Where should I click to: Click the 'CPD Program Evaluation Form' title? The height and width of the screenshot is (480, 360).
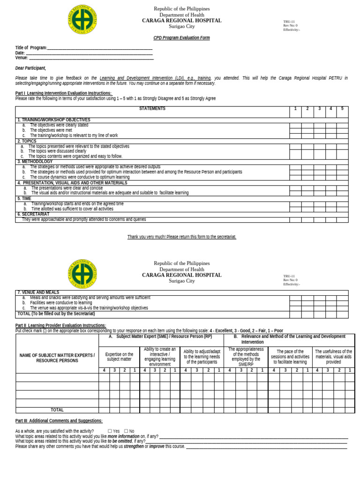point(181,38)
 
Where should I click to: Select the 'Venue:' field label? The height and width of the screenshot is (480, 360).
point(22,58)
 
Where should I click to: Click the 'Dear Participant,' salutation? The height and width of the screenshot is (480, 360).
point(30,68)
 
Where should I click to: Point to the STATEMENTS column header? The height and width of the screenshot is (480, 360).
point(152,109)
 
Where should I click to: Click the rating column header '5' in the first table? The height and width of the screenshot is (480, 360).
point(342,109)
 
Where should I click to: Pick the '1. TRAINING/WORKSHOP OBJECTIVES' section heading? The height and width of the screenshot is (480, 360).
point(54,120)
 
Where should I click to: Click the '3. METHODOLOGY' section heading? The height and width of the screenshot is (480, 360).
point(35,162)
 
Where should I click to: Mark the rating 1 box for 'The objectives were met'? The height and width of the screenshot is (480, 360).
point(295,131)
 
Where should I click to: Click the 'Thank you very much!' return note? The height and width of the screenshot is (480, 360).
point(181,237)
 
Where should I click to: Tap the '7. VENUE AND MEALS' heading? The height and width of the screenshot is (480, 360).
point(38,292)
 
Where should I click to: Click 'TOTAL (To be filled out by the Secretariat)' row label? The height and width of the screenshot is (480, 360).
point(56,314)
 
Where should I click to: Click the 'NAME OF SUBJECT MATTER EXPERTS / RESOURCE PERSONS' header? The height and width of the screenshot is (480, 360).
point(57,358)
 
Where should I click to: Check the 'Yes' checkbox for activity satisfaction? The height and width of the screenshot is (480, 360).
point(110,431)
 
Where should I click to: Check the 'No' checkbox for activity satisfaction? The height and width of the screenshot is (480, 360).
point(126,431)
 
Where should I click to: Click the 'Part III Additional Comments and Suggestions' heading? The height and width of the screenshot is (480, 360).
point(59,421)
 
